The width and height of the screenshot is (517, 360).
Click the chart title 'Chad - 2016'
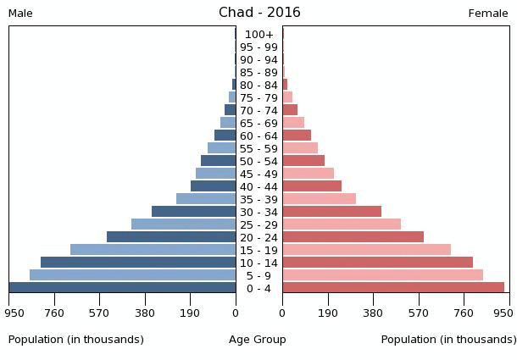coord(259,13)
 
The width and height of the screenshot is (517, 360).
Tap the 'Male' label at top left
coord(20,14)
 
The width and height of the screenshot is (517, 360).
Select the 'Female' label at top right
coord(488,14)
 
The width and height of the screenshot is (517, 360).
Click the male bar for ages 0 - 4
coord(123,288)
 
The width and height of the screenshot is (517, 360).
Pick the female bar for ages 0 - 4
coord(393,288)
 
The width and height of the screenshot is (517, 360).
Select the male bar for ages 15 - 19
coord(153,250)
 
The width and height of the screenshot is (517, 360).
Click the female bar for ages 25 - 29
coord(342,224)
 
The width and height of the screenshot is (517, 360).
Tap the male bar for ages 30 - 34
coord(194,212)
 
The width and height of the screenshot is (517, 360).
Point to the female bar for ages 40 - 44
coord(312,186)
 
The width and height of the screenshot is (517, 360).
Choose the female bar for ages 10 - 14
coord(378,263)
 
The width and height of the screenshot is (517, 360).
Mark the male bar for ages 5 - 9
coord(133,275)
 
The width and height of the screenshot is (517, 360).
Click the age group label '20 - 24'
coord(258,238)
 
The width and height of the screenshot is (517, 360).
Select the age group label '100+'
coord(258,35)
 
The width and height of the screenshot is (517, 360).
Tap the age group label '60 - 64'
coord(258,136)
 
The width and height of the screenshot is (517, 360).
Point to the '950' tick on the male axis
coord(14,312)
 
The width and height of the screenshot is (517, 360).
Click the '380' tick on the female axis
coord(373,312)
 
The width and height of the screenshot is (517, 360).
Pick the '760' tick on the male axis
coord(54,312)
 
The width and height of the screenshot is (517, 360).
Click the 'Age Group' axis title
coord(258,340)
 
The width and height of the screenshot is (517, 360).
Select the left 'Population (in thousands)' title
coord(76,340)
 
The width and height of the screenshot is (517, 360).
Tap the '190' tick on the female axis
coord(328,312)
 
